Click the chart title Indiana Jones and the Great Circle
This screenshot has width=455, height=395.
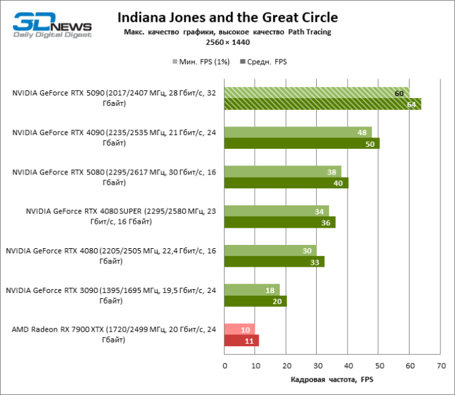pos(227,18)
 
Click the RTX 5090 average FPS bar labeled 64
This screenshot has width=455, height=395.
pos(323,104)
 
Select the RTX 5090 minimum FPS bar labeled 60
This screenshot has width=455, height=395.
pos(316,93)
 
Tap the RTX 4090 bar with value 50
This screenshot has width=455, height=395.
pos(302,144)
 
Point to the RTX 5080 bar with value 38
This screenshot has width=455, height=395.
pos(282,172)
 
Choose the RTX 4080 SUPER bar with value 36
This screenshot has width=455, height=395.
pos(280,223)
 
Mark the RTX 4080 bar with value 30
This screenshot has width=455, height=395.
pos(270,251)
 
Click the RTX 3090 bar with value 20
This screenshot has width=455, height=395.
pos(255,302)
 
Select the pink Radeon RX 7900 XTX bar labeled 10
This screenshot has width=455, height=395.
pos(240,329)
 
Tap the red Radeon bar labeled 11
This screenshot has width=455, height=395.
pos(242,340)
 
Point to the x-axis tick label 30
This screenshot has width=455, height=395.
pos(317,365)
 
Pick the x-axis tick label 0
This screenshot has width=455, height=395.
pos(225,365)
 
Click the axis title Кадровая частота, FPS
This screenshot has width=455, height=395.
pos(332,380)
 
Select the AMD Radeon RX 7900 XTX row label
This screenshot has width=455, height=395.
pos(112,334)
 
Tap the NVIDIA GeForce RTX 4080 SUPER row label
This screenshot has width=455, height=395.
pos(112,217)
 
